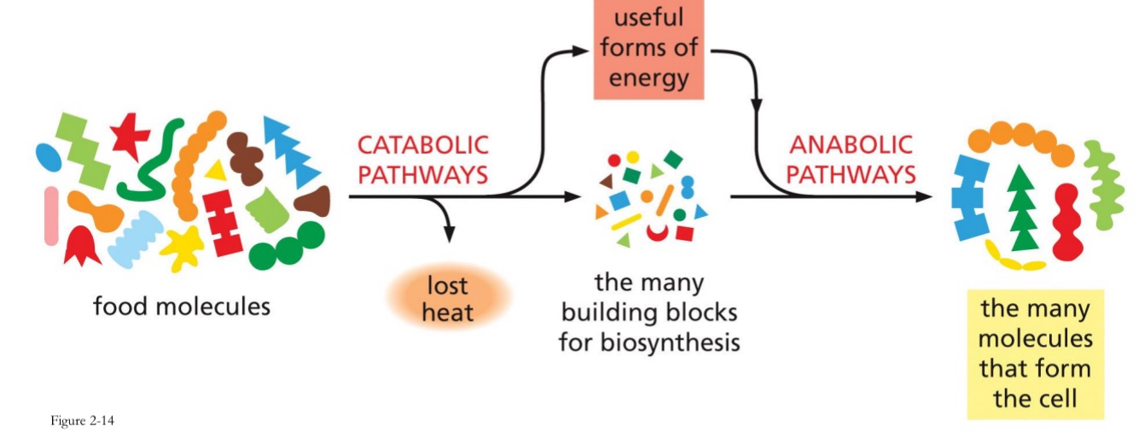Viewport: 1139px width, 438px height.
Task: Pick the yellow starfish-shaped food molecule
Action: click(x=182, y=248)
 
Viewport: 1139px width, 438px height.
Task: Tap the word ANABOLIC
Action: click(x=851, y=144)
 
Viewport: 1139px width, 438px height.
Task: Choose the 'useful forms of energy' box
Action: click(x=648, y=48)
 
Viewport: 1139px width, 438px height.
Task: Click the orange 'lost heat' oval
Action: click(x=449, y=298)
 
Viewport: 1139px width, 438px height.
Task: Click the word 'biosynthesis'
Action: click(x=649, y=343)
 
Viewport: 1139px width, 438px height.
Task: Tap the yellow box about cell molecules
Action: click(x=1035, y=353)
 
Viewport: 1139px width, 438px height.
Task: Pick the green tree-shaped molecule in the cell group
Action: click(x=1021, y=209)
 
